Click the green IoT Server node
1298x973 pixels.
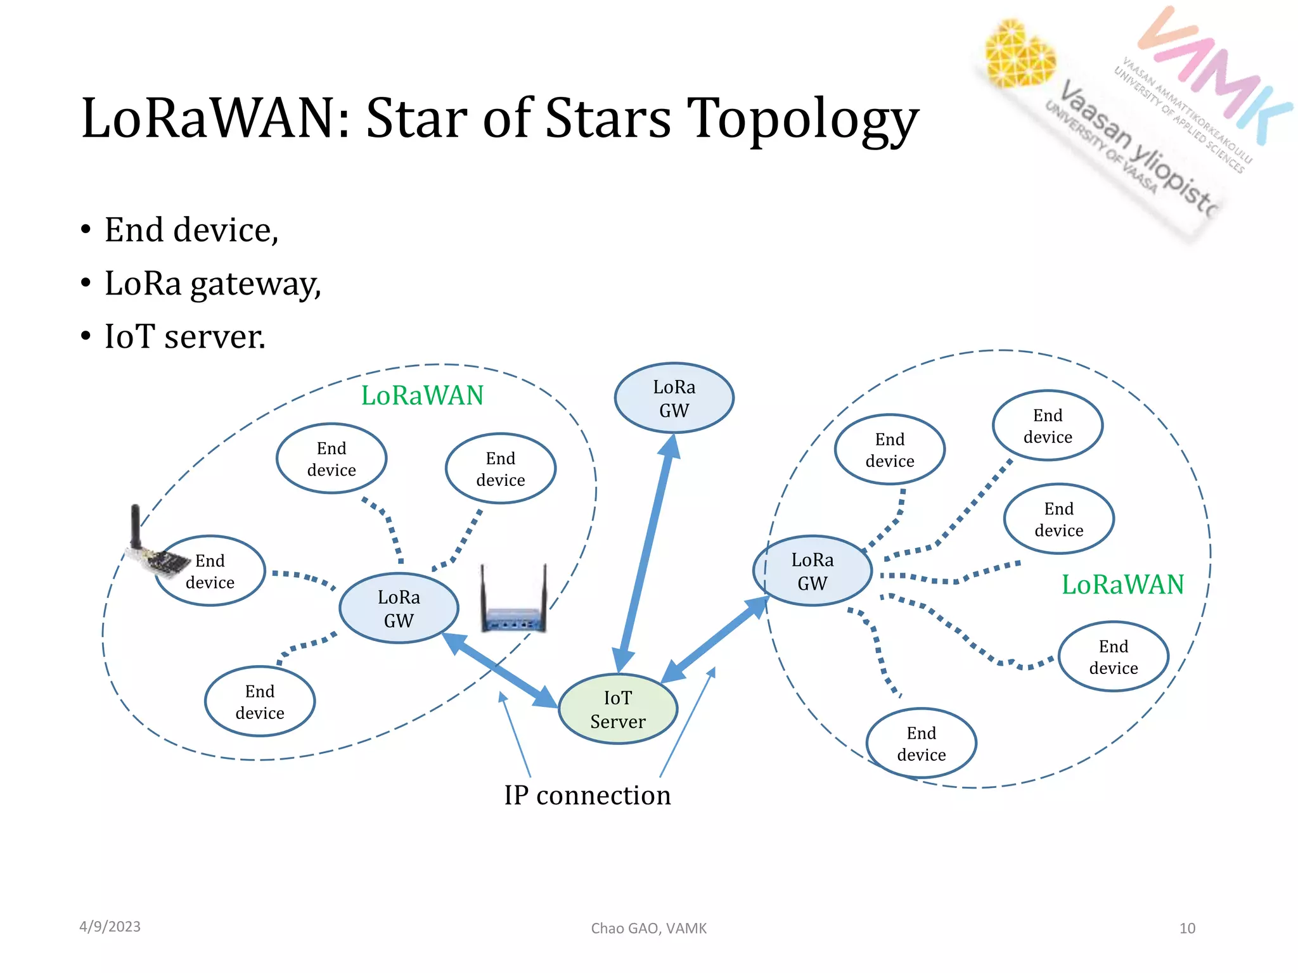tap(618, 709)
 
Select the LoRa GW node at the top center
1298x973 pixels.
tap(674, 398)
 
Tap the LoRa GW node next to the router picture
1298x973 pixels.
tap(399, 609)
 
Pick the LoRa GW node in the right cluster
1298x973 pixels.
tap(812, 571)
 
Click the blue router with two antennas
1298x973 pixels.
tap(513, 602)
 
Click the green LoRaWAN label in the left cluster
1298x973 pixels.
tap(422, 396)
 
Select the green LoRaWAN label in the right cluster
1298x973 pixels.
tap(1122, 585)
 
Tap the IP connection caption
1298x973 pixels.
tap(587, 796)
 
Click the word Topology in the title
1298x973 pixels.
tap(802, 119)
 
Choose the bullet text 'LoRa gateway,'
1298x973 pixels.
tap(213, 284)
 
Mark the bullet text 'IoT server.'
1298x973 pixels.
tap(185, 336)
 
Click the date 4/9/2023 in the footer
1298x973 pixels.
tap(110, 927)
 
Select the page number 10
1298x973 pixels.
tap(1186, 929)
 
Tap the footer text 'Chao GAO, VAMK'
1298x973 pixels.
tap(648, 929)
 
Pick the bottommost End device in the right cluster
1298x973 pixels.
tap(921, 744)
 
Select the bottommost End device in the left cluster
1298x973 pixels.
tap(260, 702)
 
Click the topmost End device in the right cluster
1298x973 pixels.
tap(1048, 426)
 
